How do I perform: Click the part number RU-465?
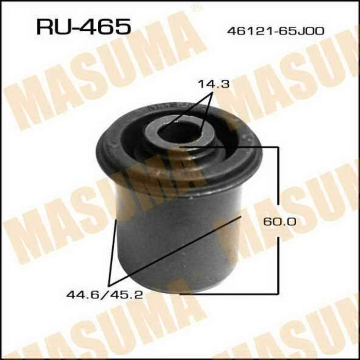point(83,27)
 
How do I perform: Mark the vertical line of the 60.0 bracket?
point(279,185)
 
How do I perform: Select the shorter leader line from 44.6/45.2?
point(113,252)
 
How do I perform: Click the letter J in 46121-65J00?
point(305,31)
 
